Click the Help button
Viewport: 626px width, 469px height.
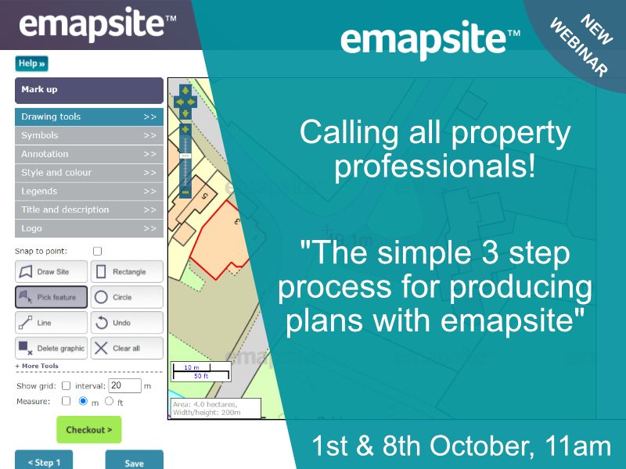(31, 63)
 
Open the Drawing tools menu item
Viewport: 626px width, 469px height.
(88, 116)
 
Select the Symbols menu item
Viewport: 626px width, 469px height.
(88, 135)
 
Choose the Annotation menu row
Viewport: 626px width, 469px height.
(88, 154)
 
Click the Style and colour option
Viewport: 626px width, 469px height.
(88, 173)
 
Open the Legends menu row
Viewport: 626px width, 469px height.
(88, 192)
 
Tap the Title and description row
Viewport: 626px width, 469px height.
(88, 210)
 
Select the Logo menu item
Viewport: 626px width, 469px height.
(88, 229)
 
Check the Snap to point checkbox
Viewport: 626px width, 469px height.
(98, 252)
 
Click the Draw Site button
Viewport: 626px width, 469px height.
(50, 272)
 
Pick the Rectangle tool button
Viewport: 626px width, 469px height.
(127, 272)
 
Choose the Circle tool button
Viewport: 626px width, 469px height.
(127, 297)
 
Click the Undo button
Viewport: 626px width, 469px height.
(127, 323)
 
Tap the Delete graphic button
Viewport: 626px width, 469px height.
(50, 349)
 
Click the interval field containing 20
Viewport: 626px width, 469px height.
(124, 385)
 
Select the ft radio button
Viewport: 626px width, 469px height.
(109, 401)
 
